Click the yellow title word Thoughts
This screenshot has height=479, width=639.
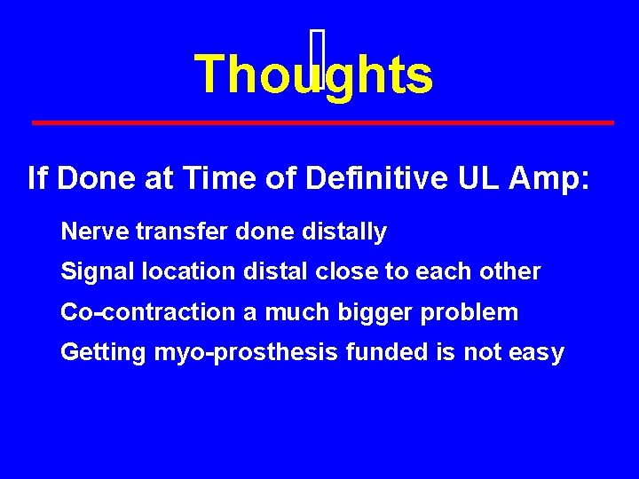tap(313, 75)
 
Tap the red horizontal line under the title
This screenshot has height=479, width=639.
tap(322, 122)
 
